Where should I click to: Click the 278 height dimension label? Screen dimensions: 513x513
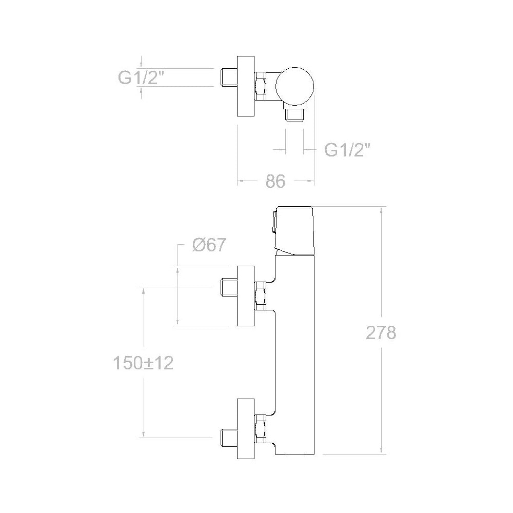click(381, 332)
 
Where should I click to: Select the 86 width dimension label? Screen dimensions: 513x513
click(275, 181)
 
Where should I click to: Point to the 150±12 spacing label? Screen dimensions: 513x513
click(143, 363)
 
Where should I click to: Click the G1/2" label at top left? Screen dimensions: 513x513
click(141, 78)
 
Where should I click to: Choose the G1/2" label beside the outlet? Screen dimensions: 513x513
click(347, 150)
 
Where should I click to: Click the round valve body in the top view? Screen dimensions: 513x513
click(295, 86)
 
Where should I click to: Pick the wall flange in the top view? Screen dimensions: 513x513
click(246, 86)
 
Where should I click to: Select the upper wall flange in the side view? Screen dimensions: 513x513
click(246, 296)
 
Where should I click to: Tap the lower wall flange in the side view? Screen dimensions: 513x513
click(246, 428)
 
